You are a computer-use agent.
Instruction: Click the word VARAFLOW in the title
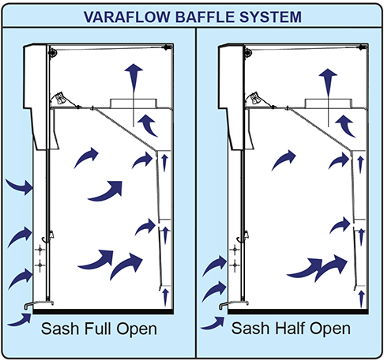tap(127, 17)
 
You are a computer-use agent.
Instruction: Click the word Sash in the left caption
tap(60, 329)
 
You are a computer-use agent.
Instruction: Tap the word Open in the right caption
tap(330, 329)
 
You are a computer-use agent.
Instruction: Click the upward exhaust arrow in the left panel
tap(134, 79)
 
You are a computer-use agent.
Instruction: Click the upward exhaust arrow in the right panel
tap(328, 83)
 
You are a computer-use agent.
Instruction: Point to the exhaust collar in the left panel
tap(134, 103)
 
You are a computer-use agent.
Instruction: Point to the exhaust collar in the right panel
tap(328, 103)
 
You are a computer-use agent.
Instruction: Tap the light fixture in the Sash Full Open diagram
tap(61, 98)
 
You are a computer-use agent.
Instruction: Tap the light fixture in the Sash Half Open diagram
tap(254, 98)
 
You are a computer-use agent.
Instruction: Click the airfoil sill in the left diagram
tap(39, 304)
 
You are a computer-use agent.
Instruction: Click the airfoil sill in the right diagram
tap(234, 304)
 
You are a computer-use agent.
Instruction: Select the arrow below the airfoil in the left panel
tap(20, 320)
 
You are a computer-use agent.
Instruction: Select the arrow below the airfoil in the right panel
tap(213, 323)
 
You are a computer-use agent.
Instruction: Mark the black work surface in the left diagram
tap(104, 312)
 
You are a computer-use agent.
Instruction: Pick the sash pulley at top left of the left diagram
tap(52, 52)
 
